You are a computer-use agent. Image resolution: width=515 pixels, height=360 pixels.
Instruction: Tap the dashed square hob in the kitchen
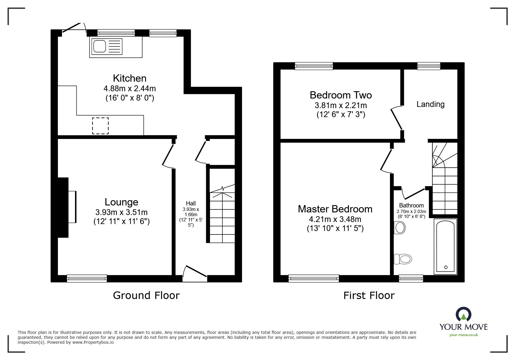tap(101, 126)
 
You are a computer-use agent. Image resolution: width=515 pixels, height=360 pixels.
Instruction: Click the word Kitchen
tap(129, 78)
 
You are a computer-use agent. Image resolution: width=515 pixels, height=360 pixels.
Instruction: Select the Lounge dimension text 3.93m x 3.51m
tap(121, 212)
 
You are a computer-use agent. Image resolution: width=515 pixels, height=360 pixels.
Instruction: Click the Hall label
tap(191, 203)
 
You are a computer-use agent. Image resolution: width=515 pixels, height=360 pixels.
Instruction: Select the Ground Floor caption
tap(146, 295)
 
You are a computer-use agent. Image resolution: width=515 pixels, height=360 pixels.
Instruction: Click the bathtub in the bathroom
tap(445, 246)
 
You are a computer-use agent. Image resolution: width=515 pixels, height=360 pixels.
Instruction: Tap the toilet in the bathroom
tap(403, 258)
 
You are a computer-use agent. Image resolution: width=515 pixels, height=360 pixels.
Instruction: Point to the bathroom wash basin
tap(400, 228)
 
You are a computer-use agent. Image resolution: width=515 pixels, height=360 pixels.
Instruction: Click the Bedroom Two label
tap(341, 95)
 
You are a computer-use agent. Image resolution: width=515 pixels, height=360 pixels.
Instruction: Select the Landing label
tap(430, 104)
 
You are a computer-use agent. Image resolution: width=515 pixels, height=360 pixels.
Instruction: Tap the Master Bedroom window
tap(314, 279)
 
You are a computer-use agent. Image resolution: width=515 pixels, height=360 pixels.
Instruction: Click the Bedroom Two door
tap(396, 118)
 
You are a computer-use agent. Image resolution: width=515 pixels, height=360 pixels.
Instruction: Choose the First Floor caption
tap(369, 295)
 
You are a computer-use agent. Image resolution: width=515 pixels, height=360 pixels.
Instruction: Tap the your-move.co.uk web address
tap(464, 335)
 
